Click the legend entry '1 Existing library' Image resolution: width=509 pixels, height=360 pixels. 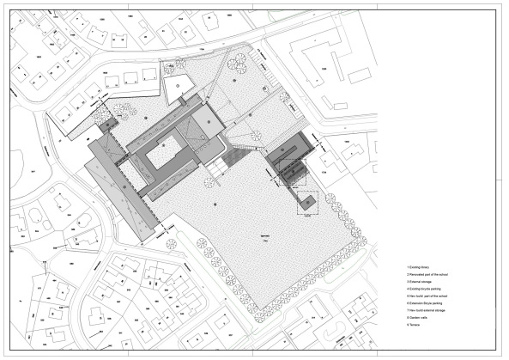pyautogui.click(x=420, y=268)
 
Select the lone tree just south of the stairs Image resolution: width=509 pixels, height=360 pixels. pyautogui.click(x=211, y=178)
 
